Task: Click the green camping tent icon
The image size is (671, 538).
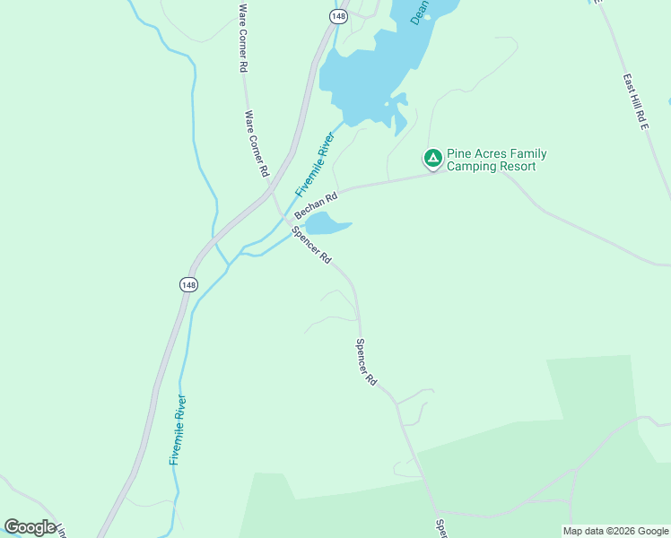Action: (x=432, y=159)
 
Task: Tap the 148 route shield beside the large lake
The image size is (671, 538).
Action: (x=337, y=16)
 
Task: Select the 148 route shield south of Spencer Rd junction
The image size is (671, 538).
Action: (x=187, y=284)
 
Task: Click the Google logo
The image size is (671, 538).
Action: (x=30, y=527)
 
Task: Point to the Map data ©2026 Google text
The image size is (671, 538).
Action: (x=615, y=531)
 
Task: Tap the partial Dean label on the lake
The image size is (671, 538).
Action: (x=419, y=12)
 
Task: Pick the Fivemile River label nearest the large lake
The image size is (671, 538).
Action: (x=315, y=164)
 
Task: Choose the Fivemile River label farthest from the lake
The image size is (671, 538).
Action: (x=178, y=430)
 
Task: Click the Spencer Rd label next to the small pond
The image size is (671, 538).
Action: (x=312, y=244)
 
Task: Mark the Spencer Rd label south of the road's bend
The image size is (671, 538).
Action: (x=366, y=361)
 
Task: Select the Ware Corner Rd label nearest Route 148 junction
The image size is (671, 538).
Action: (x=257, y=143)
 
